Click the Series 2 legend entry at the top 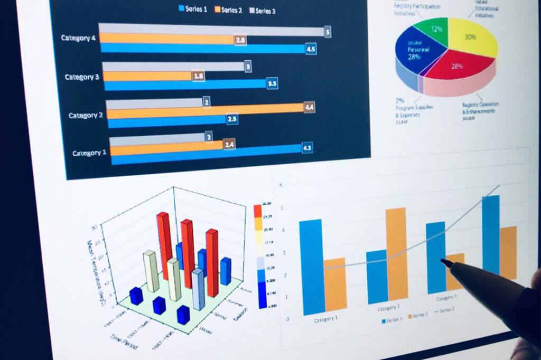pyautogui.click(x=229, y=10)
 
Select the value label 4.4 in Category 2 pyautogui.click(x=310, y=107)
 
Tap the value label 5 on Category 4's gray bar pyautogui.click(x=328, y=32)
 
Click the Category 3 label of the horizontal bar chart pyautogui.click(x=82, y=77)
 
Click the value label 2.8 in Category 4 pyautogui.click(x=241, y=40)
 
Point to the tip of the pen pyautogui.click(x=443, y=260)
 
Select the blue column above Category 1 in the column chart pyautogui.click(x=311, y=266)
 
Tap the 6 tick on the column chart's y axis pyautogui.click(x=281, y=185)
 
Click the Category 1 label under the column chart pyautogui.click(x=327, y=319)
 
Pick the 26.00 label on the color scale pyautogui.click(x=267, y=204)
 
